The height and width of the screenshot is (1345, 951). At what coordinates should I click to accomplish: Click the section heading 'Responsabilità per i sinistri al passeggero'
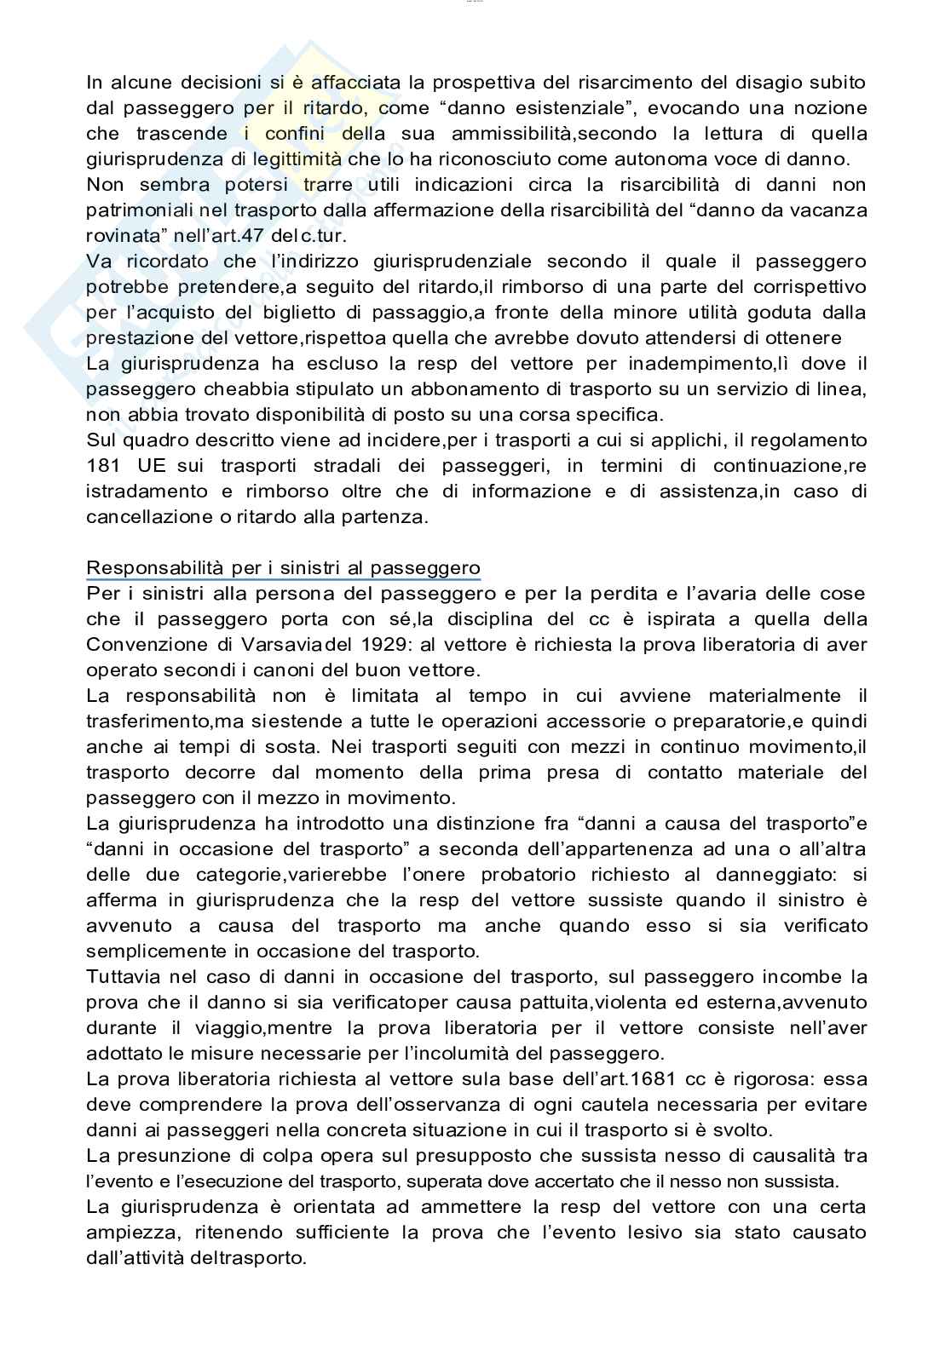click(x=283, y=568)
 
